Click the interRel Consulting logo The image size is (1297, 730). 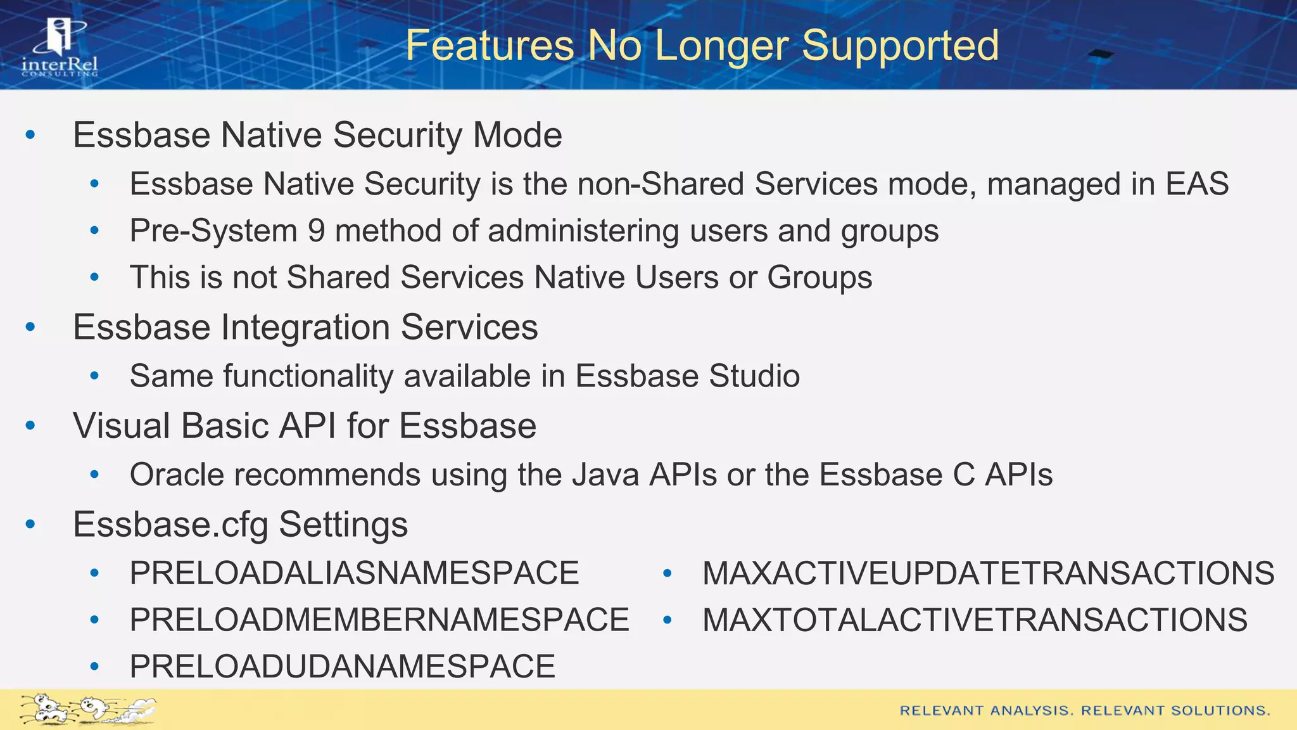point(60,48)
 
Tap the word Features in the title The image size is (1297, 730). point(489,46)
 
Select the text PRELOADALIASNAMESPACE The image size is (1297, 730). point(354,573)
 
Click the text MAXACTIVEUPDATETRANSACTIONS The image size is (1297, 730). point(988,573)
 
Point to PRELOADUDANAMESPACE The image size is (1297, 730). point(342,667)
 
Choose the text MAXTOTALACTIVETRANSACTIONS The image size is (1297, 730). point(975,620)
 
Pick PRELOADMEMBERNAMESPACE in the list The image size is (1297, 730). point(379,620)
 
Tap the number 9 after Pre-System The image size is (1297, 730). point(316,231)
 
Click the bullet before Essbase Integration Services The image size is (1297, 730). point(30,328)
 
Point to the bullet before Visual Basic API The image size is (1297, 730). point(30,426)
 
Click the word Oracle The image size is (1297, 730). point(177,475)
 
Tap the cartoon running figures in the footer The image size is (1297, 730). point(87,710)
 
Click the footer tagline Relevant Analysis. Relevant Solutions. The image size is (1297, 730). point(1084,711)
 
